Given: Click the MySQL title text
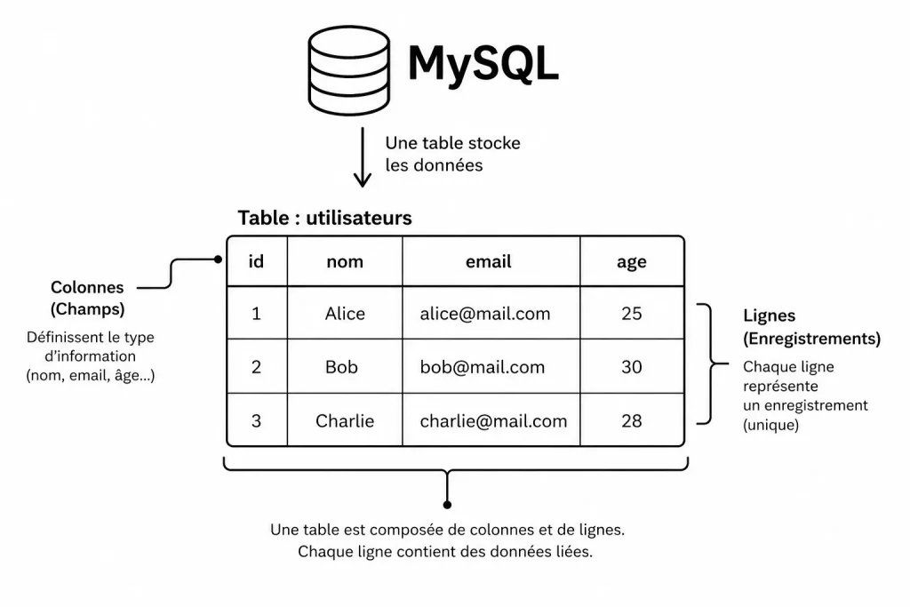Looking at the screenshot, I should (x=483, y=63).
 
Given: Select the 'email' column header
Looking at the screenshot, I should (x=489, y=261).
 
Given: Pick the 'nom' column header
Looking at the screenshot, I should (x=344, y=261).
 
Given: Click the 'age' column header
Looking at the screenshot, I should (x=631, y=261).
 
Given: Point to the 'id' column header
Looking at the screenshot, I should (x=256, y=261).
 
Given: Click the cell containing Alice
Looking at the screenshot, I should (x=344, y=314).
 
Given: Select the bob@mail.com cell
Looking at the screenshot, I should (x=482, y=367).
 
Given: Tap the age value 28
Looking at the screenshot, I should (x=631, y=420).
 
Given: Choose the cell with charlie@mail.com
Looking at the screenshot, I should (x=493, y=420).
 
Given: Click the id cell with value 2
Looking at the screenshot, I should (x=256, y=367).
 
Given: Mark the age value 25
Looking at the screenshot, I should (x=631, y=314).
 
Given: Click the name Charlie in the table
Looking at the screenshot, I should (x=344, y=420).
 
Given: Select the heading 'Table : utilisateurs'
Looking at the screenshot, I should (x=324, y=218).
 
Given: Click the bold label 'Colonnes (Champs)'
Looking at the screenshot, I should (x=87, y=299).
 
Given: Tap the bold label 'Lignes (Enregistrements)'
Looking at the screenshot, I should (x=811, y=327).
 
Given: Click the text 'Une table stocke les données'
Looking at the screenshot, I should (x=452, y=154).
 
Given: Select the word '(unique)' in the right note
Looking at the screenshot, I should (x=770, y=425).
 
